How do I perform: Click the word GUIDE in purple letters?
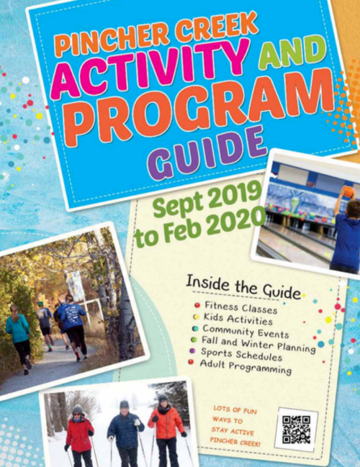click(x=210, y=153)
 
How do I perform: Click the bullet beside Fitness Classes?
click(x=197, y=305)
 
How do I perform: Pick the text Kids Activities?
click(x=238, y=319)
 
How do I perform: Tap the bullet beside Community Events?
click(x=195, y=329)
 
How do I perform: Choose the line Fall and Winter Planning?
click(x=258, y=344)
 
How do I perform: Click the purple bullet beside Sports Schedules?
click(x=192, y=350)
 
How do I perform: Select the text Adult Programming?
click(x=246, y=367)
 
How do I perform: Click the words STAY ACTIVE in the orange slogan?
click(x=233, y=431)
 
